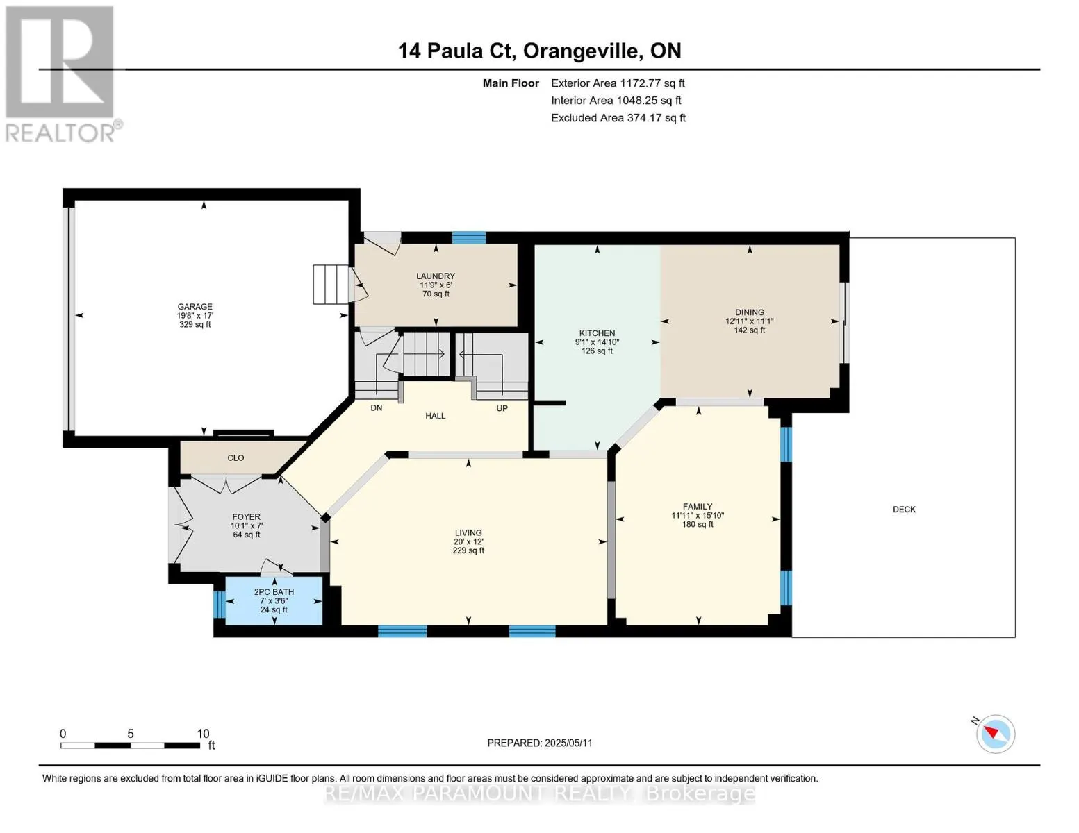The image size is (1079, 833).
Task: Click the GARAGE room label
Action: point(195,307)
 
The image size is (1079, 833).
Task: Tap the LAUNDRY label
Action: point(436,276)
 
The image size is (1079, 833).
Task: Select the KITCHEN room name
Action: point(597,333)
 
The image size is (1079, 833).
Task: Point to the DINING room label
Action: point(749,312)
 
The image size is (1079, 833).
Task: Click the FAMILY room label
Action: point(698,507)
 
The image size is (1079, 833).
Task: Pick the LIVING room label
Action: point(468,533)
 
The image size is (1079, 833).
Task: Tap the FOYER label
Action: point(246,517)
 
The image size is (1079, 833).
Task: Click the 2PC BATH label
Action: point(274,592)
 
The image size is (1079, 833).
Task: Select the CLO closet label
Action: point(236,458)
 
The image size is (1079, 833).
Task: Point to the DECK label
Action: point(904,509)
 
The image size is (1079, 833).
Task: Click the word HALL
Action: point(436,416)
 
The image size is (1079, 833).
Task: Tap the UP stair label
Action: point(502,408)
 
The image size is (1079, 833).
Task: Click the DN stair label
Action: point(377,407)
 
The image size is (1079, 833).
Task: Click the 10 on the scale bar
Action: point(203,733)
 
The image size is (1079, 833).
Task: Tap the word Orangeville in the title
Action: point(581,51)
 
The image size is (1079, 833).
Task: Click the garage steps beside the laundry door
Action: point(331,285)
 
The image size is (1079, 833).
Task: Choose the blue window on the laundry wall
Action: point(469,237)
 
